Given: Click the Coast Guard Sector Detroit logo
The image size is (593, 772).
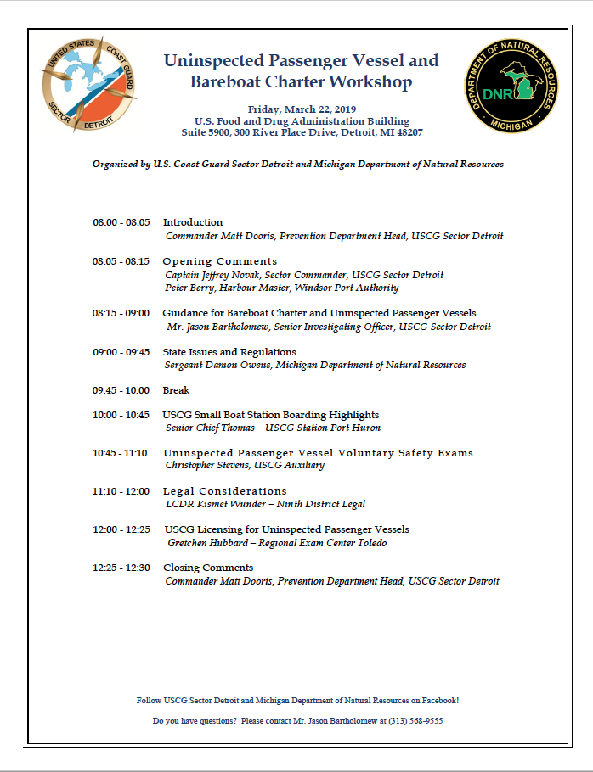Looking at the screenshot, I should (88, 86).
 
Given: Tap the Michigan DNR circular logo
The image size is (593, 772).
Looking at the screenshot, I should (511, 86).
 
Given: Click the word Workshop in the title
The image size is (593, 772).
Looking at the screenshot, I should (373, 82).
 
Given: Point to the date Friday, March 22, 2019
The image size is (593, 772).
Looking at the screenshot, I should (302, 109).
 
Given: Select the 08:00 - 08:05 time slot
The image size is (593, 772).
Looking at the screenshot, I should (121, 222).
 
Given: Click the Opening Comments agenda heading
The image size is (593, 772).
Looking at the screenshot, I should (220, 261).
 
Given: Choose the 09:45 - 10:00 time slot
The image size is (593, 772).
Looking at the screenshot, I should (121, 390).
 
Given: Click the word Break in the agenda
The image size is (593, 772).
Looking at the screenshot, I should (176, 390).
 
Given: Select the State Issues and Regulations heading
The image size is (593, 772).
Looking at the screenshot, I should (229, 352).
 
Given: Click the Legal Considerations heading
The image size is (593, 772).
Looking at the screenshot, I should (224, 491).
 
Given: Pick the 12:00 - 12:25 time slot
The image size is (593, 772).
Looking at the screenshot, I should (121, 529).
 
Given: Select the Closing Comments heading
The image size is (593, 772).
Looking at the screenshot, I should (207, 568).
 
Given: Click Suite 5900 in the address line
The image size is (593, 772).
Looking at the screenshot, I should (205, 133).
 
